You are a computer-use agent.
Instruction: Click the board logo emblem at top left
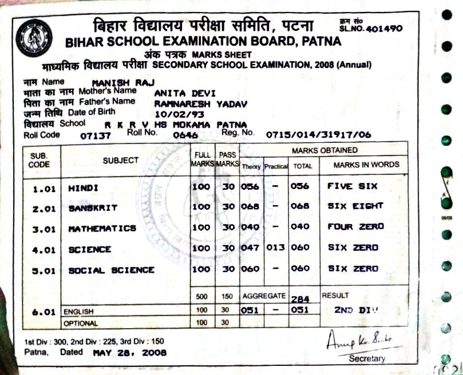34,37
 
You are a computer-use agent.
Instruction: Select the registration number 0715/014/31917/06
318,135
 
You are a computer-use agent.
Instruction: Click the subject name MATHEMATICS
102,228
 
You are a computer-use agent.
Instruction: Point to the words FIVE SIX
352,186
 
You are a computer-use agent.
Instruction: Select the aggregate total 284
300,298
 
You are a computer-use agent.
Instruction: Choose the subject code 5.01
43,270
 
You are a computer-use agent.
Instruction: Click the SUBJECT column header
121,161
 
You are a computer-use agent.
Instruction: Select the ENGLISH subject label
78,312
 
